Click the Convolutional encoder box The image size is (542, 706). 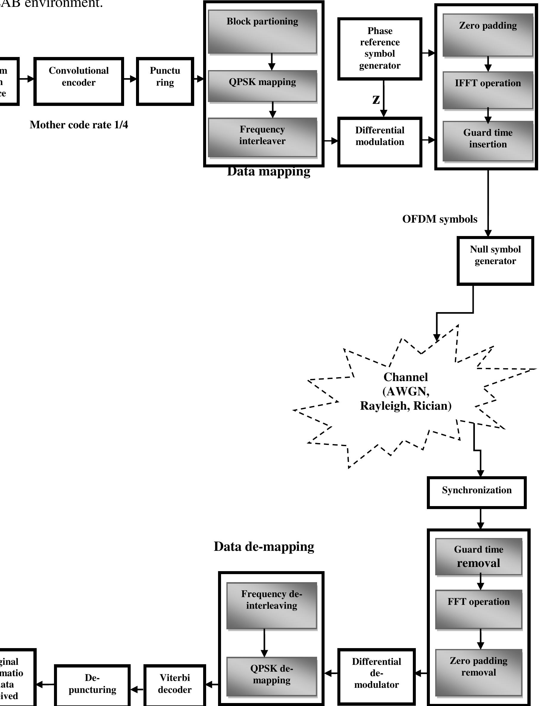click(78, 81)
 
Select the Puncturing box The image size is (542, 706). click(165, 81)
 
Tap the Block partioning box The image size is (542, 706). click(262, 31)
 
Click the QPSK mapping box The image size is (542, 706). click(262, 86)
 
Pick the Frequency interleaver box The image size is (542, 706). click(262, 137)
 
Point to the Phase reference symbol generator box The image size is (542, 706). click(380, 48)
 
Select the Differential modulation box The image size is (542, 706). click(380, 142)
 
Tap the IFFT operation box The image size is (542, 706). click(487, 90)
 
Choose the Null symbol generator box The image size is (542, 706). click(495, 261)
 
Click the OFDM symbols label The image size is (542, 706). click(439, 219)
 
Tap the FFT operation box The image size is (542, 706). click(478, 609)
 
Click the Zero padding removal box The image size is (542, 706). click(478, 672)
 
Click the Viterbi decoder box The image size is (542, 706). click(175, 685)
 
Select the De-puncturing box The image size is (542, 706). click(92, 685)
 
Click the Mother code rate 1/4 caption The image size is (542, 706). click(79, 125)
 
